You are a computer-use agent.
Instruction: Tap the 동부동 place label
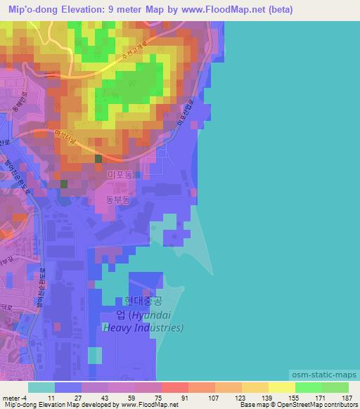[x=118, y=200]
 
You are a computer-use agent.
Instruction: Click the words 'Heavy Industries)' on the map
[x=143, y=327]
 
